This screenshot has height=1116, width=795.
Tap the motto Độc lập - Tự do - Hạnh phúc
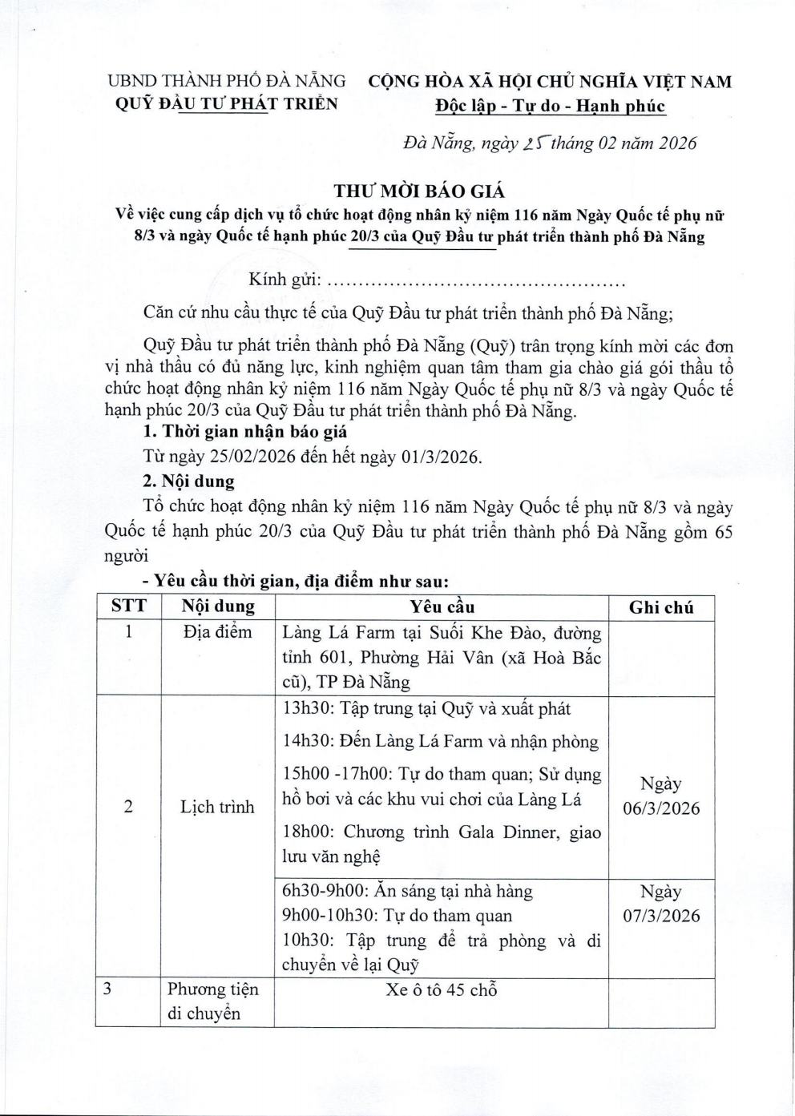pos(550,106)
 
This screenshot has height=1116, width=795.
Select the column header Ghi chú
pos(660,606)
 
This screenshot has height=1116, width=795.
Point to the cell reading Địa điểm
pos(217,633)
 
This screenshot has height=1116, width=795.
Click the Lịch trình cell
pos(217,807)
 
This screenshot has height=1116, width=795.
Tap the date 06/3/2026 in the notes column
pos(661,808)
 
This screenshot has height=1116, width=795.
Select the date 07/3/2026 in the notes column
pos(661,916)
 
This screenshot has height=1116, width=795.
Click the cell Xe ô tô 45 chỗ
pos(442,989)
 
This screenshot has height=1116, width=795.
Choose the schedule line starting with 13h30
pos(426,709)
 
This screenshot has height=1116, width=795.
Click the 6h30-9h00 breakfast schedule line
pos(407,891)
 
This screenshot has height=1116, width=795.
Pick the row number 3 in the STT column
pos(107,989)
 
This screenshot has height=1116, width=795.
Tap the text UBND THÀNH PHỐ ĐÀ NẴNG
pos(227,82)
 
